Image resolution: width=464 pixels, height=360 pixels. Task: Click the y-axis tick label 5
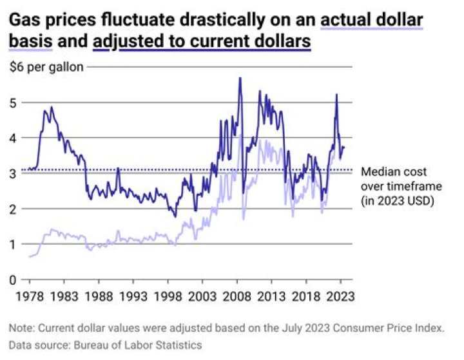click(x=14, y=102)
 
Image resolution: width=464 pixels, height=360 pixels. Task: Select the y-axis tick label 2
click(x=14, y=209)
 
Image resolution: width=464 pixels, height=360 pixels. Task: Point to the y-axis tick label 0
click(x=14, y=279)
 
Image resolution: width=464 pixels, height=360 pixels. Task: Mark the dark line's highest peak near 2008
click(x=240, y=79)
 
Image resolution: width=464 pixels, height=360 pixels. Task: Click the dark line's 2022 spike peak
click(x=336, y=95)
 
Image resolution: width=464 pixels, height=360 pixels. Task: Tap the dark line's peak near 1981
click(x=52, y=108)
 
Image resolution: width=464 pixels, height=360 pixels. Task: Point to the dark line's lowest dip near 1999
click(x=175, y=216)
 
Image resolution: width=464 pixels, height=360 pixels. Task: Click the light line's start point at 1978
click(x=30, y=256)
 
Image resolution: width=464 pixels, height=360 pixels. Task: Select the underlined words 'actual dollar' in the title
click(x=372, y=21)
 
